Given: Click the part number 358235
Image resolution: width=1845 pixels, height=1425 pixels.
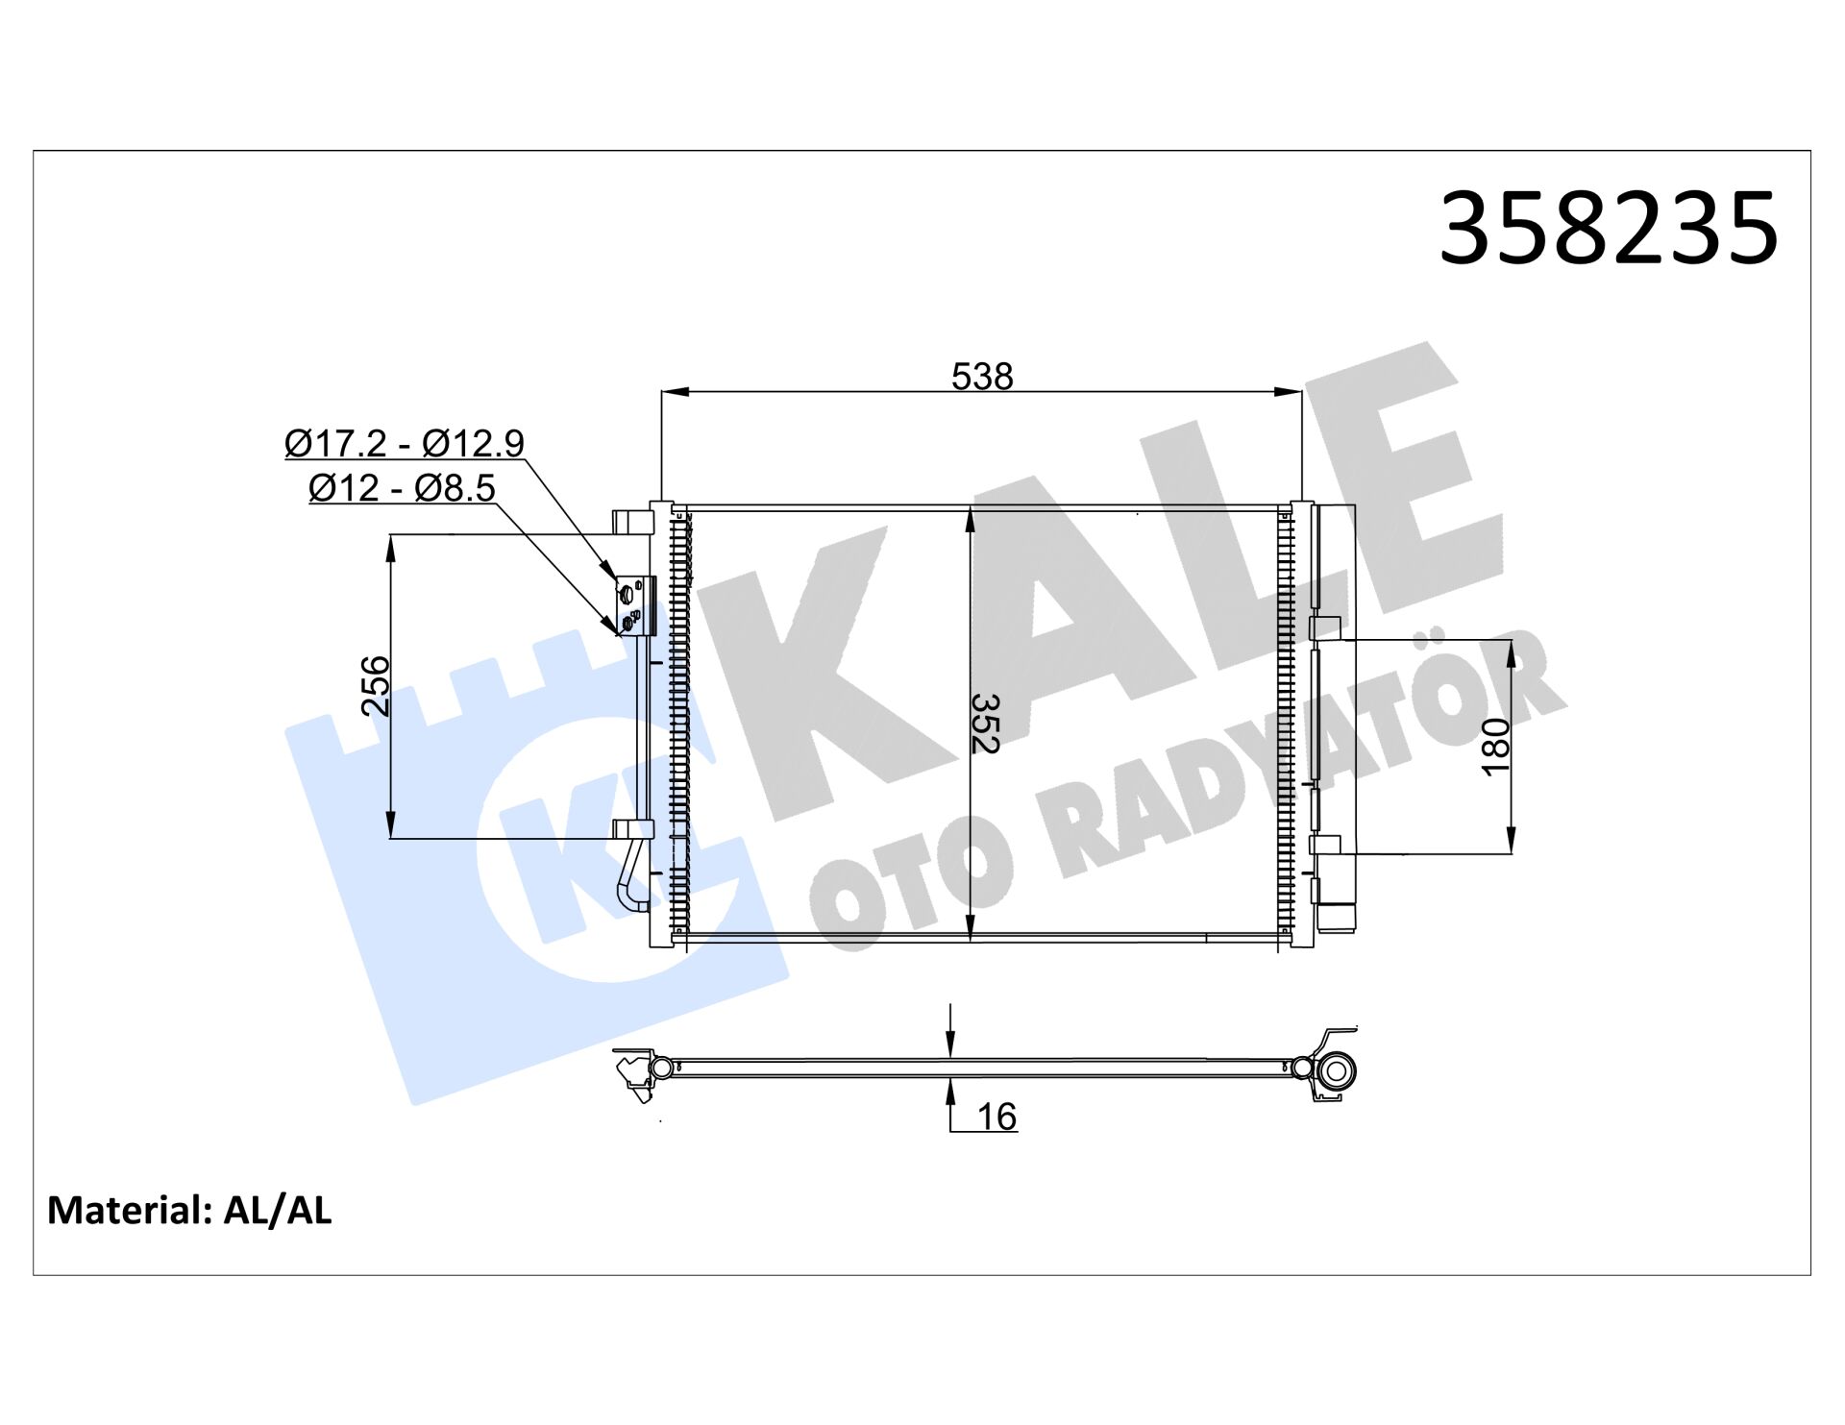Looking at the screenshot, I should [x=1608, y=229].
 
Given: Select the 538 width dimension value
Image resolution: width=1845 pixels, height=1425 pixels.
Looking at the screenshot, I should [x=982, y=377].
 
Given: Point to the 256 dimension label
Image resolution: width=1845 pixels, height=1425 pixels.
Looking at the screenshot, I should [x=376, y=686].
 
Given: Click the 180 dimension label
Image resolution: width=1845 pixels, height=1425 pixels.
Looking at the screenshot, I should [x=1496, y=747].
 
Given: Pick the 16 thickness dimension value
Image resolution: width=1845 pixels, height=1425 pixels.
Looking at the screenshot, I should [x=996, y=1117].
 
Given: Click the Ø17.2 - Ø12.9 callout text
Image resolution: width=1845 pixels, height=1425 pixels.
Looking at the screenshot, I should [x=405, y=443].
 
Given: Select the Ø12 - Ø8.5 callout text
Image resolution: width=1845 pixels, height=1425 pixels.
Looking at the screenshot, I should [x=402, y=488].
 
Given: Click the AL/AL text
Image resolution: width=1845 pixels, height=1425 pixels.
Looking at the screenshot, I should [x=278, y=1211].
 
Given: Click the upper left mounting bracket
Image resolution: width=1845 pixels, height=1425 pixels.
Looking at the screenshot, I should [x=632, y=522].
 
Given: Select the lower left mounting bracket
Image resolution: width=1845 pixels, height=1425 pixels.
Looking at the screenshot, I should [x=632, y=830].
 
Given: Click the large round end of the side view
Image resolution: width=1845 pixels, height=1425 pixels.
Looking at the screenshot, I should [x=1337, y=1069].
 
